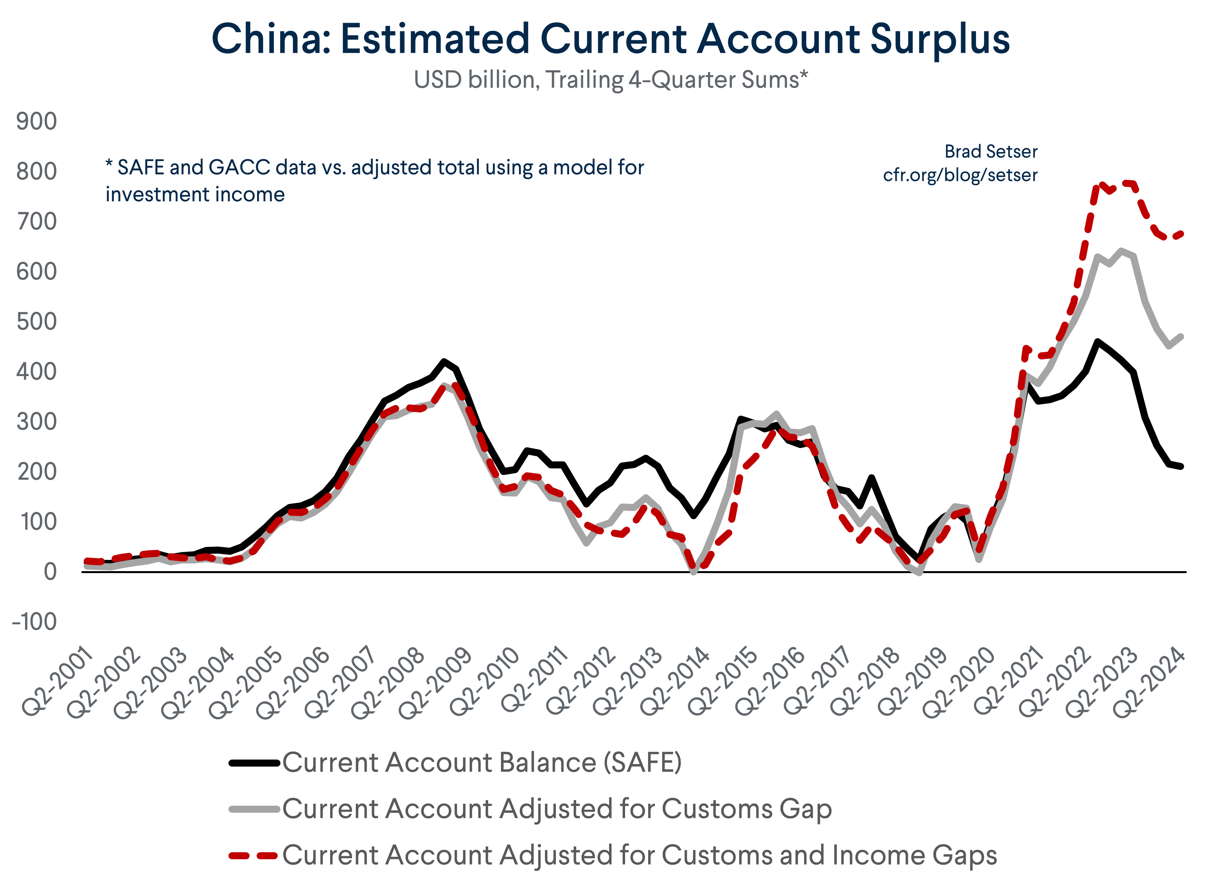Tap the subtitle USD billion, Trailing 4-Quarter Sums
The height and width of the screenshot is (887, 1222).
(611, 80)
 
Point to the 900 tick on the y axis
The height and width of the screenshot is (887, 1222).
(37, 121)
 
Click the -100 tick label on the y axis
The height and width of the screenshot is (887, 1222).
(34, 622)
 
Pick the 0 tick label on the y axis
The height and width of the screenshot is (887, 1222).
(50, 572)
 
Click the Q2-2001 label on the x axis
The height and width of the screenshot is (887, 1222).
(59, 682)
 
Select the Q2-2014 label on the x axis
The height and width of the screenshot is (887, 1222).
(676, 682)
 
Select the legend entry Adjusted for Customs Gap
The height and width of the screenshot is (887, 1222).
(557, 809)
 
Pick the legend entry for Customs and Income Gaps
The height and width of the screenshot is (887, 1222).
(639, 855)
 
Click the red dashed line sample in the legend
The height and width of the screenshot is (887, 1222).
(253, 855)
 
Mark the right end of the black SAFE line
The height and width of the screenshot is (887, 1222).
(1181, 466)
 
